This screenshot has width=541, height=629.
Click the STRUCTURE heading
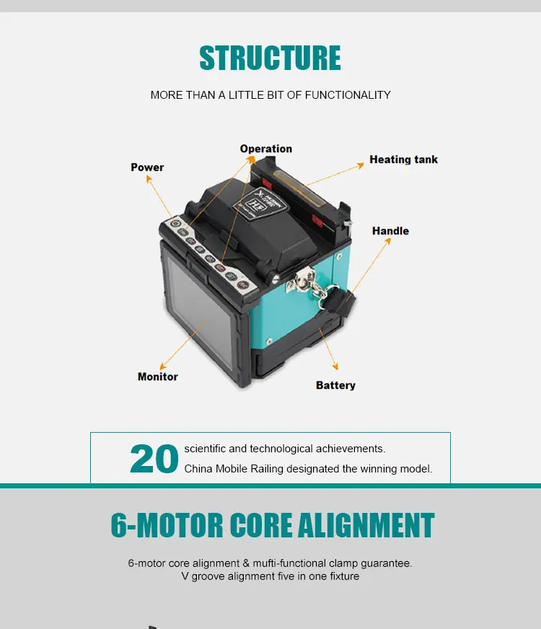tap(270, 58)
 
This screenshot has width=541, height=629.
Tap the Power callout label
tap(147, 167)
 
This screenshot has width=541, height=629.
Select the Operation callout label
tap(265, 149)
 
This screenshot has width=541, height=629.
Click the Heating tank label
tap(403, 159)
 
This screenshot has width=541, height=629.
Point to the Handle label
tap(390, 231)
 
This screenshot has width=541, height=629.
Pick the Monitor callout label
tap(157, 377)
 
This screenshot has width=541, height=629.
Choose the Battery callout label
tap(335, 385)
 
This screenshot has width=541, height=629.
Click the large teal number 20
tap(154, 459)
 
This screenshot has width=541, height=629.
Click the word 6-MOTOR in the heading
tap(165, 526)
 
